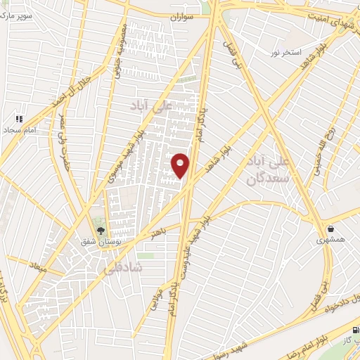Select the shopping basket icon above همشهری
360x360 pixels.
click(x=330, y=229)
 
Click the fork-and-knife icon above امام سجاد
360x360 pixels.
click(x=20, y=119)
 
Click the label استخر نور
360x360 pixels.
click(x=287, y=53)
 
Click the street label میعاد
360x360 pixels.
click(x=35, y=266)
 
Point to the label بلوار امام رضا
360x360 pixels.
click(x=314, y=345)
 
